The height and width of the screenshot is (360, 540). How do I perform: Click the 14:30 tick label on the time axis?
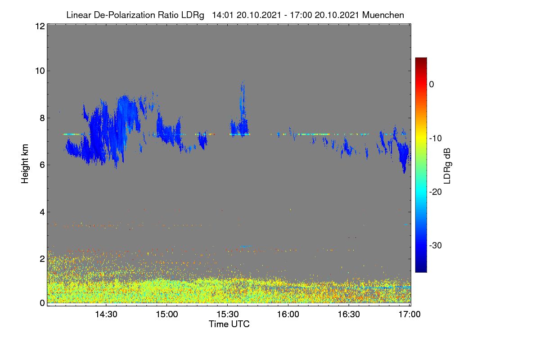[x=106, y=315]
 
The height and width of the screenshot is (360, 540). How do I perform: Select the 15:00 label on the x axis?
[x=167, y=315]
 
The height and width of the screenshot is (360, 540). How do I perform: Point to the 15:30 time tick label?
[x=228, y=315]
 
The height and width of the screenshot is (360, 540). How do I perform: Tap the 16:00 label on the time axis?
[x=288, y=315]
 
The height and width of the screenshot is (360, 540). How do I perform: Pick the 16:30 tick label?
[x=349, y=315]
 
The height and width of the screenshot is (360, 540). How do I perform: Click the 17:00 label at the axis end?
[x=409, y=315]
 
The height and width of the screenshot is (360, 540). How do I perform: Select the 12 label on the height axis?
[x=40, y=26]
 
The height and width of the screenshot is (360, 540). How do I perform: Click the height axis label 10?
[x=40, y=71]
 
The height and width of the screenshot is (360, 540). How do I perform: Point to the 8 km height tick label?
[x=43, y=118]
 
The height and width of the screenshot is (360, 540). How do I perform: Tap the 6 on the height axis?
[x=43, y=165]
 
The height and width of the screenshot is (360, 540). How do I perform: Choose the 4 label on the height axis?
[x=43, y=212]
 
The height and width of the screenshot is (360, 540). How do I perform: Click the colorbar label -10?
[x=436, y=139]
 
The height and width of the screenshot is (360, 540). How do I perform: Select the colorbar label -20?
[x=436, y=192]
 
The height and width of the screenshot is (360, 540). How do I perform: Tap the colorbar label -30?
[x=436, y=245]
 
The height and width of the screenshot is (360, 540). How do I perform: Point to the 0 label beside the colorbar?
[x=432, y=85]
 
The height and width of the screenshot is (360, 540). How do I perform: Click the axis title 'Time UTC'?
[x=229, y=324]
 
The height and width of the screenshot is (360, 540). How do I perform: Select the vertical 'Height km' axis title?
[x=25, y=164]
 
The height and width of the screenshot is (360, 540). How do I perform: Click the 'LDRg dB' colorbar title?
[x=447, y=166]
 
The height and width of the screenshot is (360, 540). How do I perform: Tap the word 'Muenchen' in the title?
[x=383, y=15]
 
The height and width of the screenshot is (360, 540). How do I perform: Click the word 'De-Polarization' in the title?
[x=124, y=15]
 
